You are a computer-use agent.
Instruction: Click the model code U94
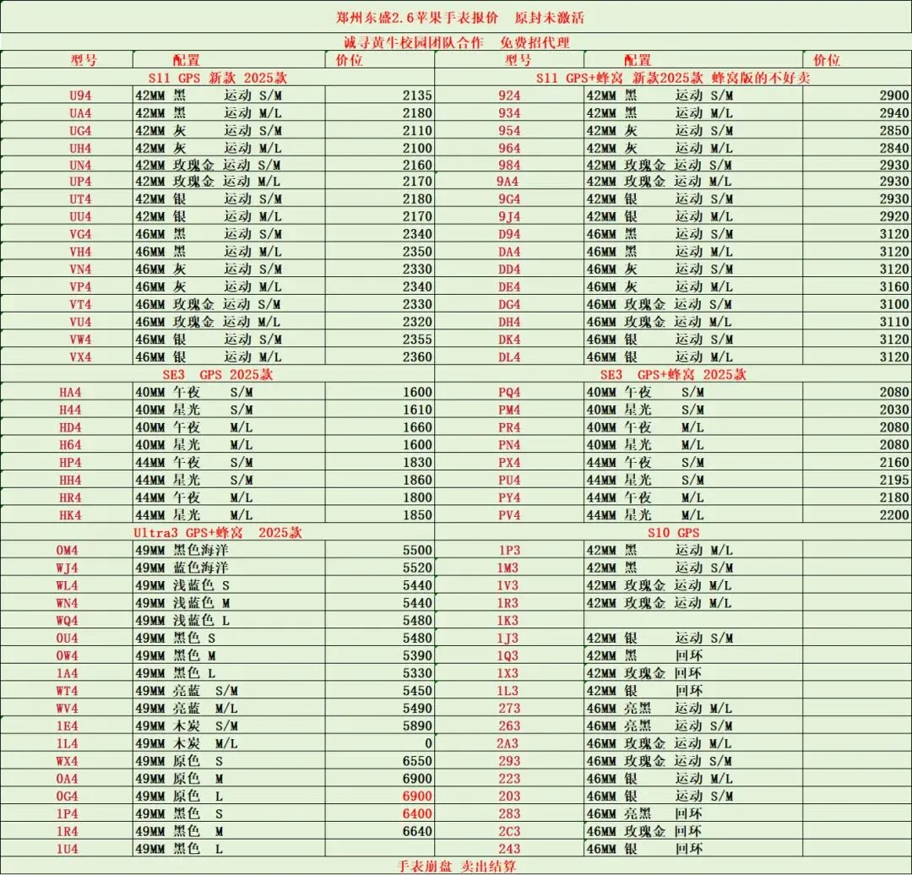(x=80, y=95)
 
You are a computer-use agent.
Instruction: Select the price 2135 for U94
(x=416, y=95)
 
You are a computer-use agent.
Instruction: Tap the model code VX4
(x=80, y=356)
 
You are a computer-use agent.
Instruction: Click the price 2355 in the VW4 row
(x=416, y=339)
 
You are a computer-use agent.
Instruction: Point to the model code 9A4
(x=509, y=182)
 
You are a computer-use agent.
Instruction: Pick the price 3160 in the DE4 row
(x=893, y=286)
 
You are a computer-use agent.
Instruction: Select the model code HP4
(x=70, y=462)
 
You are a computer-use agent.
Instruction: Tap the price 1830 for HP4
(x=416, y=462)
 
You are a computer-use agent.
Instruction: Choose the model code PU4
(x=509, y=480)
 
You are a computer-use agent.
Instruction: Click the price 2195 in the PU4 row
(x=893, y=480)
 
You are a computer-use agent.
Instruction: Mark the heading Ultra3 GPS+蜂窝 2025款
(x=217, y=532)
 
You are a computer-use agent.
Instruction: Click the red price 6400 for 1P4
(x=416, y=813)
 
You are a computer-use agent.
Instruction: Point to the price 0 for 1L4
(x=428, y=743)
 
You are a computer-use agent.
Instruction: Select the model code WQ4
(x=67, y=620)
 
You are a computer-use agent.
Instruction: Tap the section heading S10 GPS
(x=673, y=532)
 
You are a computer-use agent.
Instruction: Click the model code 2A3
(x=508, y=743)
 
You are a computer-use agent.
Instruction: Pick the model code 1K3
(x=508, y=620)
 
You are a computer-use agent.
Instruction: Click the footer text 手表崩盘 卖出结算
(x=456, y=866)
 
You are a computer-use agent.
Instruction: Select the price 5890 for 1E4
(x=416, y=726)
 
